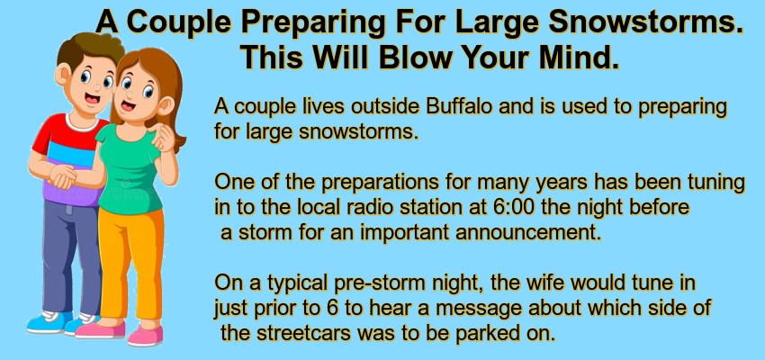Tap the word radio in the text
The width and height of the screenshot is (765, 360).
tap(370, 207)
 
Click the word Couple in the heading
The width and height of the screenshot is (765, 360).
tap(182, 22)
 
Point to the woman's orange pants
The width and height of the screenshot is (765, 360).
tap(130, 264)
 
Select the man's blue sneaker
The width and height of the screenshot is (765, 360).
tap(49, 322)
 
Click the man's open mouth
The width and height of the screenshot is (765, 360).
tap(92, 98)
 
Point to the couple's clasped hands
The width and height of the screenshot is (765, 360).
tap(62, 176)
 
